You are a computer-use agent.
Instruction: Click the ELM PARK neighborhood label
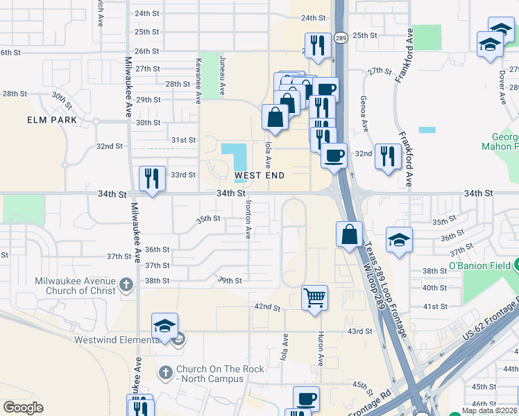[53, 120]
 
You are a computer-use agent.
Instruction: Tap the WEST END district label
[259, 175]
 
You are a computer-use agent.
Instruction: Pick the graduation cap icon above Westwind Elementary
[164, 326]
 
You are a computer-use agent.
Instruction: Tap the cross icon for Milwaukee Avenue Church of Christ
[126, 284]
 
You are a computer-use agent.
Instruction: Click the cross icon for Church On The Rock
[166, 372]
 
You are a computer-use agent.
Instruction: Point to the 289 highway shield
[340, 38]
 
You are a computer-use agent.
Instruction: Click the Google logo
[23, 408]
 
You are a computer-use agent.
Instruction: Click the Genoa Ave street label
[365, 114]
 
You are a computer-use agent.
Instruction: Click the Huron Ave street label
[321, 350]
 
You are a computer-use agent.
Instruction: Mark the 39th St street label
[230, 281]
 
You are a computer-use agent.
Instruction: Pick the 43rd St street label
[360, 331]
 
